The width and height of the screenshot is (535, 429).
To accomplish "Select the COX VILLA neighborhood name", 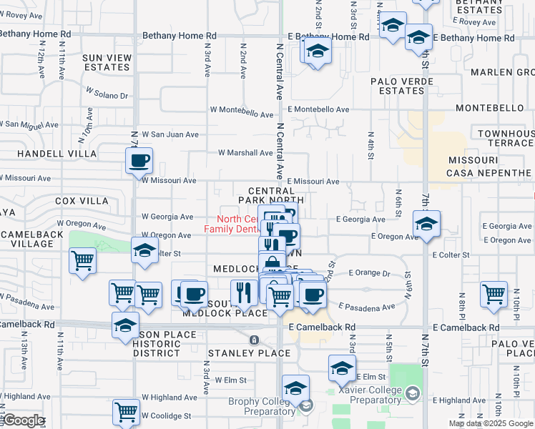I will (x=75, y=201).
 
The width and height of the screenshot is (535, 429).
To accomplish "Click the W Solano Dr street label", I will (x=107, y=94).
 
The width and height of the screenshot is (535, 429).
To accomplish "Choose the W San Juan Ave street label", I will (x=170, y=134).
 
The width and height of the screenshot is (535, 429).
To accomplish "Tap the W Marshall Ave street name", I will (x=245, y=153).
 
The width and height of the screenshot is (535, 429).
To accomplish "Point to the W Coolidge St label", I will (x=166, y=415).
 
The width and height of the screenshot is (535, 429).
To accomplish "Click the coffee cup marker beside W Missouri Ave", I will (x=139, y=160).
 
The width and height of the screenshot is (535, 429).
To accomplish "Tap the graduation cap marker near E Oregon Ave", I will (x=426, y=225).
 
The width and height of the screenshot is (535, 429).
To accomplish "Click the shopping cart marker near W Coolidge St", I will (x=126, y=411).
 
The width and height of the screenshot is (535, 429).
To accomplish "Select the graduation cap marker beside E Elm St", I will (x=342, y=368).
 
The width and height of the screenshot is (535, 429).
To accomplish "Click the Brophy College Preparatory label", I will (x=262, y=406).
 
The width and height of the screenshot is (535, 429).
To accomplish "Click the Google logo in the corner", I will (x=24, y=420).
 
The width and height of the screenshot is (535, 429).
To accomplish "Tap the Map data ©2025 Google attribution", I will (x=491, y=423).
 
